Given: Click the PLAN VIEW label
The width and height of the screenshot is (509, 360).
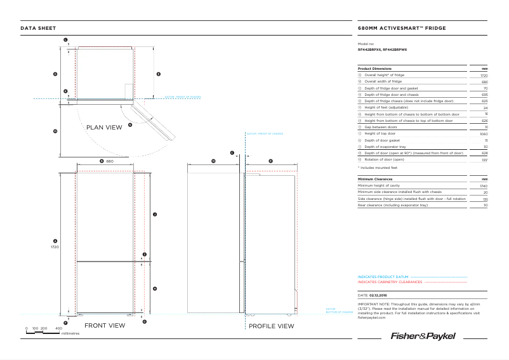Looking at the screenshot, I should [103, 128].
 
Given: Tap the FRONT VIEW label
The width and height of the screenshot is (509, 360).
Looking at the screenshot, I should [105, 325].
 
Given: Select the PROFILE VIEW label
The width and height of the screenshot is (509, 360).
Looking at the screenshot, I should [271, 326].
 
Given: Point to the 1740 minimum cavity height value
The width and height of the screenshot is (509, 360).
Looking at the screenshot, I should [484, 186].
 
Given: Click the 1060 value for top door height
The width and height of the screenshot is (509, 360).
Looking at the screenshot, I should [484, 134].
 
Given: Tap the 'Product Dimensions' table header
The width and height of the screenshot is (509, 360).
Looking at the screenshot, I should [374, 69].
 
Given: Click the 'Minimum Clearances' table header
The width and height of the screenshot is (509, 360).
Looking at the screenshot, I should [375, 179].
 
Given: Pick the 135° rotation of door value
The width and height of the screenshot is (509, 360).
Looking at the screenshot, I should [484, 159].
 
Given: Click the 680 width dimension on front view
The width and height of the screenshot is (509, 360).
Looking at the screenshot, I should [109, 161].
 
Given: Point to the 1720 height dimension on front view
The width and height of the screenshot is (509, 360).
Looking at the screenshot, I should [55, 246].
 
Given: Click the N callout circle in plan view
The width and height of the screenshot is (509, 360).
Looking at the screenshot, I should [130, 125].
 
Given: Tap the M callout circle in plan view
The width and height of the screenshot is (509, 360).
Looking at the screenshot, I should [55, 131].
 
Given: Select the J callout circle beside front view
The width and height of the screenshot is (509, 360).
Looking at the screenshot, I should [155, 215].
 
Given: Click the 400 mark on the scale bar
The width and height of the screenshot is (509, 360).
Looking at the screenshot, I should [58, 328].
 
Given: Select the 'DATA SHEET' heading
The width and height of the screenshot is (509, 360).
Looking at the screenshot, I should [38, 29].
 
